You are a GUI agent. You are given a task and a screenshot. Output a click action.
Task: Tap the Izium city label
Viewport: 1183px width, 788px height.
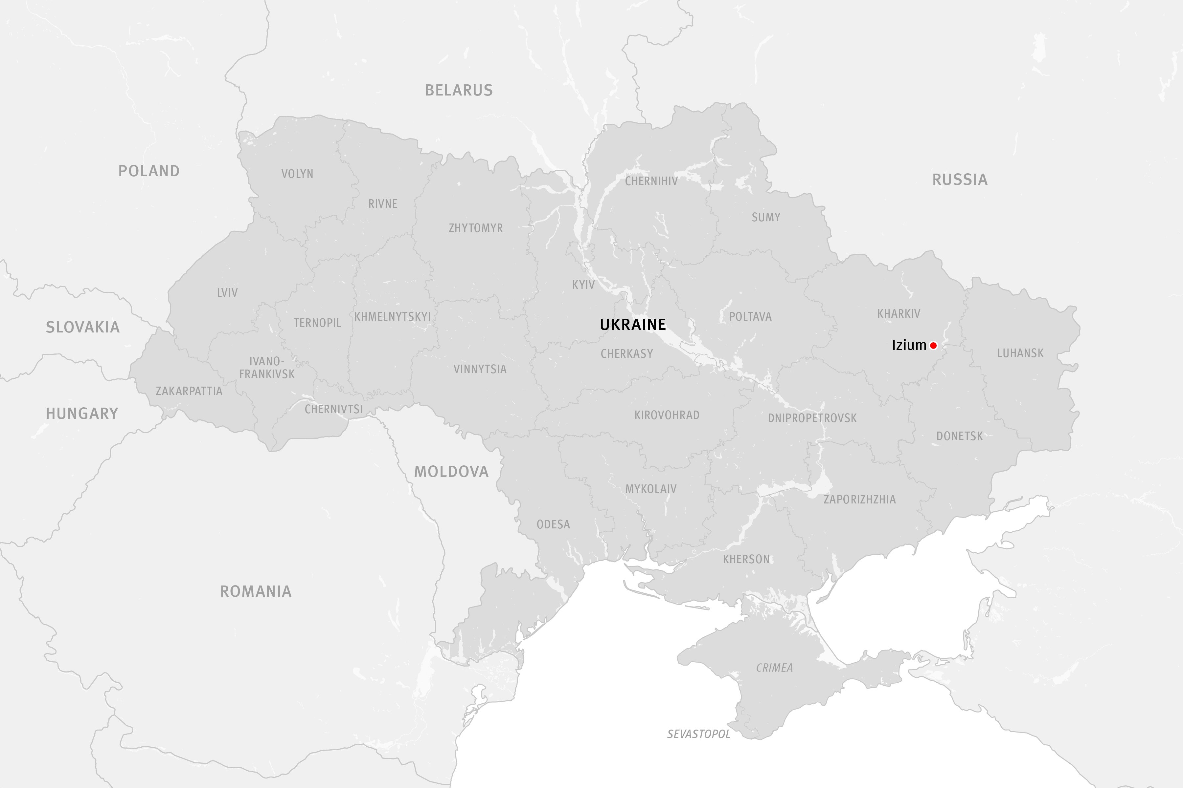coord(909,345)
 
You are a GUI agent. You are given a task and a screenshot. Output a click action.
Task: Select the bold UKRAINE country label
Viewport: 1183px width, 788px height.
coord(633,325)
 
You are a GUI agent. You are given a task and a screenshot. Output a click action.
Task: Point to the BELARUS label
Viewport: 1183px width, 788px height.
coord(459,91)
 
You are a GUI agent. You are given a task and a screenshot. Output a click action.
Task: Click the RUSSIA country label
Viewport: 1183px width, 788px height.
coord(960,180)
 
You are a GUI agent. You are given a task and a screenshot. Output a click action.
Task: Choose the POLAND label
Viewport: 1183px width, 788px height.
coord(149,171)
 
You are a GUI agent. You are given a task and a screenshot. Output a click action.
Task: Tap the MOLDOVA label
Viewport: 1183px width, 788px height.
coord(451,471)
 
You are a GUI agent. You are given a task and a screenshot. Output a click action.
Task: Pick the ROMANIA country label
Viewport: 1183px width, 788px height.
coord(256,591)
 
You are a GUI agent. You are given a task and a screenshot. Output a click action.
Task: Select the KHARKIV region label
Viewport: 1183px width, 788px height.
coord(899,314)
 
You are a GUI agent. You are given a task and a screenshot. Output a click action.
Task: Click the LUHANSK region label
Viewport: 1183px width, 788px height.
coord(1020,353)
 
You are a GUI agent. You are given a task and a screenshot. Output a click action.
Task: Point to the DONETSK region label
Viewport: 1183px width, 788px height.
coord(960,436)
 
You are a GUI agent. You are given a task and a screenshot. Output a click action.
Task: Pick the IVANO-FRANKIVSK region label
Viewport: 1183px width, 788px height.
coord(266,367)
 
